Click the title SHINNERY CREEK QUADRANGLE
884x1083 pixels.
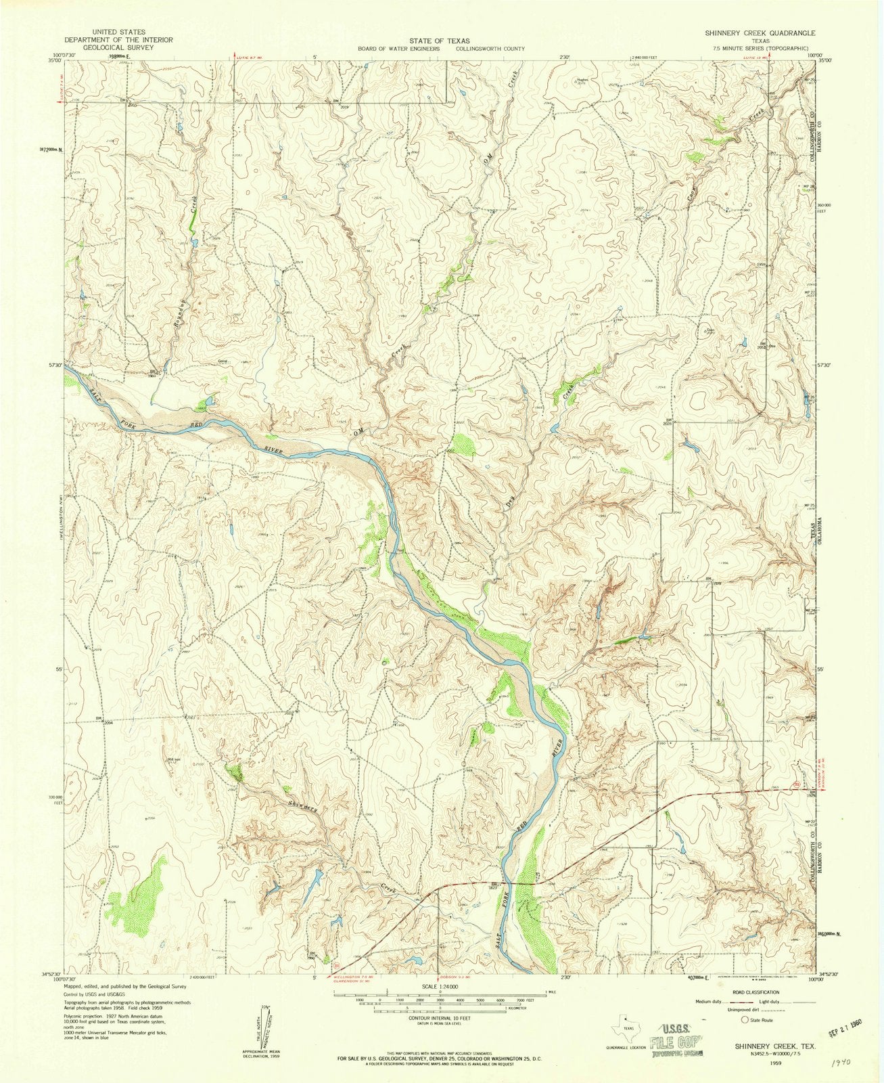point(760,32)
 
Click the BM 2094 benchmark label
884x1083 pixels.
point(101,720)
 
